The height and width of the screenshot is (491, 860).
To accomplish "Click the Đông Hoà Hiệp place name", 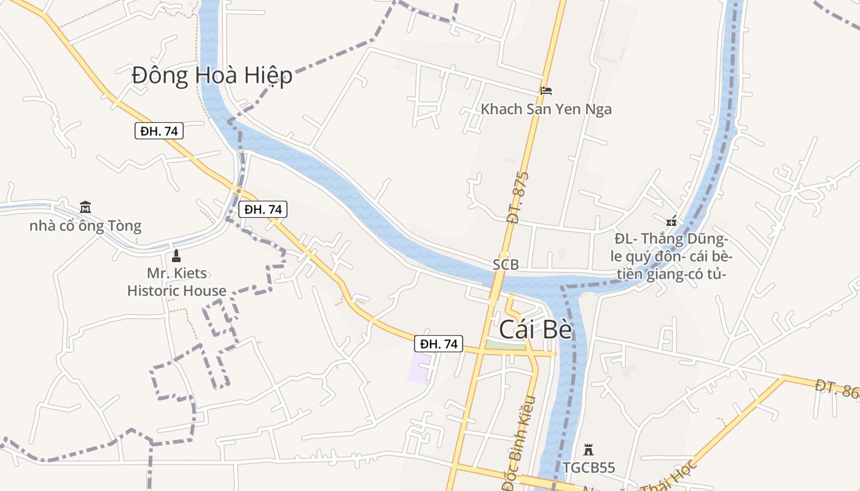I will pos(212,75).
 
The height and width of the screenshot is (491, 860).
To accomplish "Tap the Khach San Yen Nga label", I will pos(546,109).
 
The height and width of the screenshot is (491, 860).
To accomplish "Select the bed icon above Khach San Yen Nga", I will pos(545,90).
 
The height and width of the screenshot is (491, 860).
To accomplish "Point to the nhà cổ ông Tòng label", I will pos(85,226).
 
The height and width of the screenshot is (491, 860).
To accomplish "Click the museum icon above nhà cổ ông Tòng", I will pos(85,207).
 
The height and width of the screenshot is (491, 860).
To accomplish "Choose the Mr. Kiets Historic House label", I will pos(177,282).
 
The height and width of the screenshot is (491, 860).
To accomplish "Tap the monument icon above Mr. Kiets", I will pos(177,255).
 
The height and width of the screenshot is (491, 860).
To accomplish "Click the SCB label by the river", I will pos(506,265).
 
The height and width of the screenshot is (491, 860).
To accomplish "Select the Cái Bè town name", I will pos(535,330).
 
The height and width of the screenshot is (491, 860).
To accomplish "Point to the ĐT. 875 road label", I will pos(517,197).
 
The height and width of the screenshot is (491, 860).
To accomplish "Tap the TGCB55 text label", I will pos(588,468).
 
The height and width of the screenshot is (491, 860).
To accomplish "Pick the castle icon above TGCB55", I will pos(588,450).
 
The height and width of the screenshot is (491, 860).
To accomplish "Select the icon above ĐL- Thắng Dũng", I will pos(671,220).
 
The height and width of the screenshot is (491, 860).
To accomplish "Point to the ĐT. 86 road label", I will pos(837,389).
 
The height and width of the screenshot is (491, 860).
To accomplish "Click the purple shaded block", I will pos(419,368).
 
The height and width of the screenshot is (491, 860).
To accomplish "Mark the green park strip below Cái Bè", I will pos(505,346).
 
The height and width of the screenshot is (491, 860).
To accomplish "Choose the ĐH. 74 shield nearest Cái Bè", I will pos(439,344).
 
